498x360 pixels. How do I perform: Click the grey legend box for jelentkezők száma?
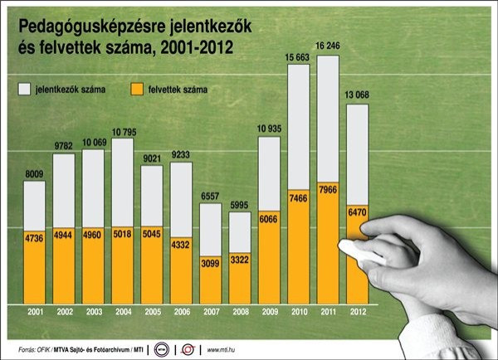pos(21,88)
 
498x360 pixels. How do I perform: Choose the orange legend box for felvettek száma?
pos(139,88)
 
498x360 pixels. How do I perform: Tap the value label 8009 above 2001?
pos(34,174)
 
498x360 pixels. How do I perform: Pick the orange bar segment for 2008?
pos(241,278)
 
